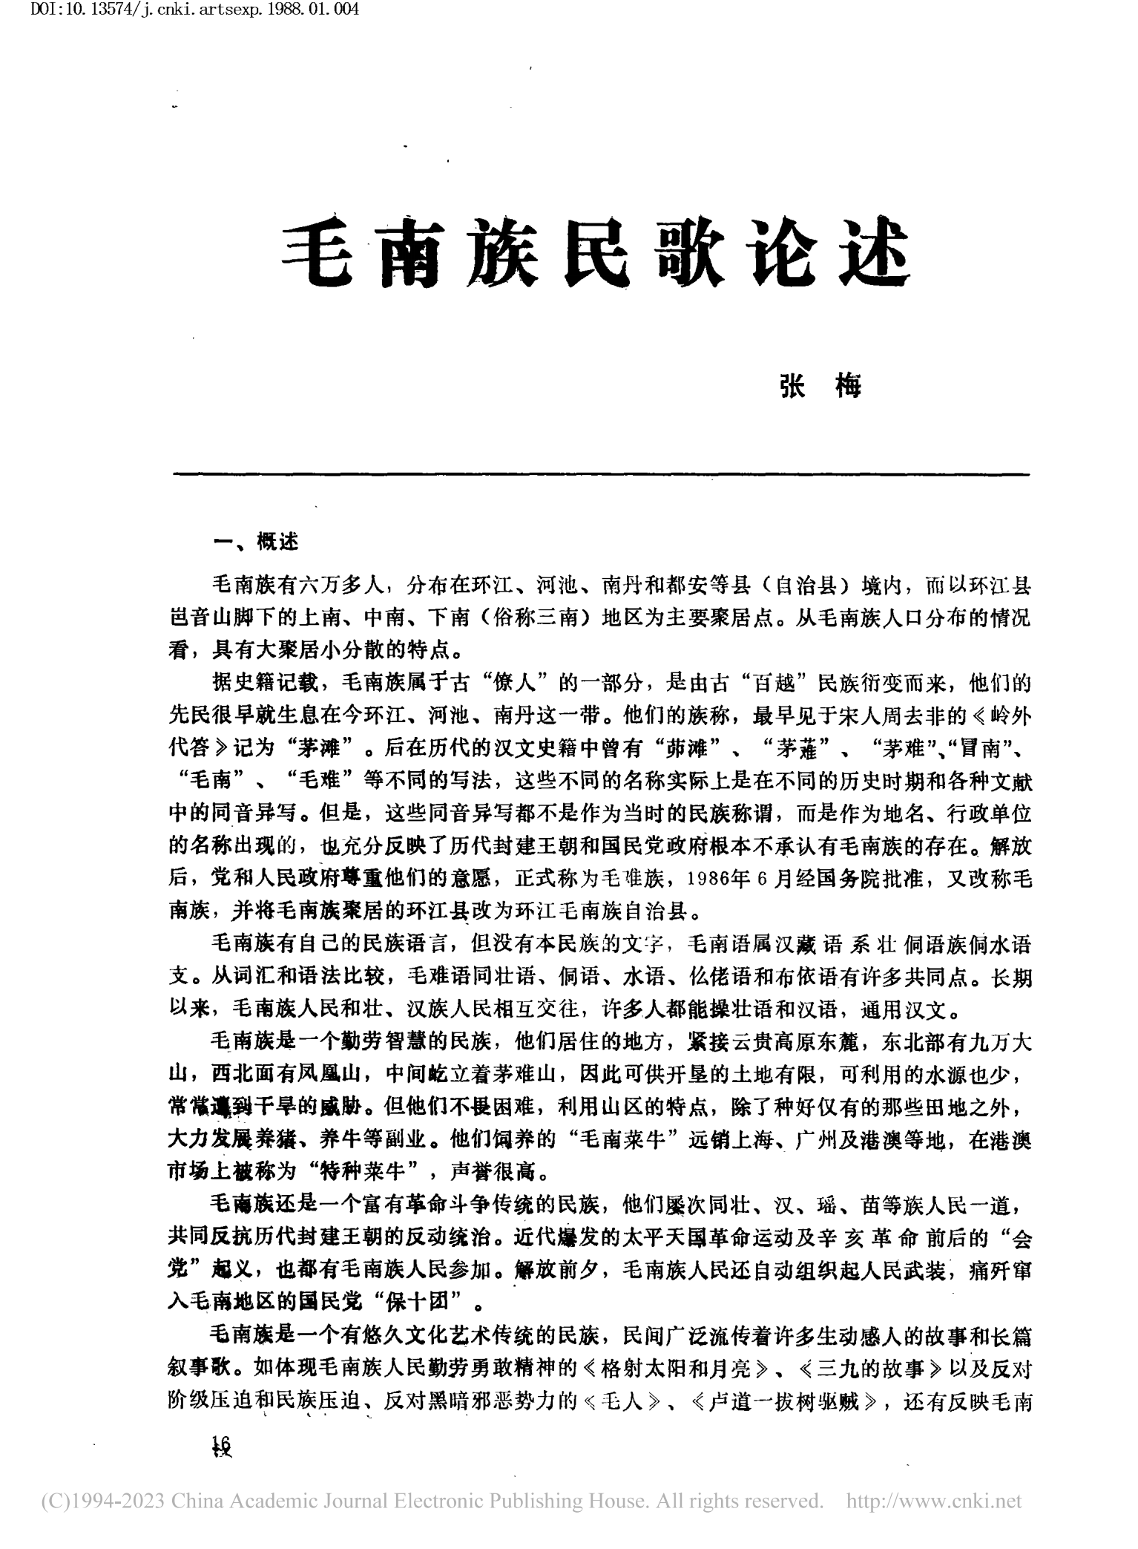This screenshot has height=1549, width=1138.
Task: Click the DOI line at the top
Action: [182, 12]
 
